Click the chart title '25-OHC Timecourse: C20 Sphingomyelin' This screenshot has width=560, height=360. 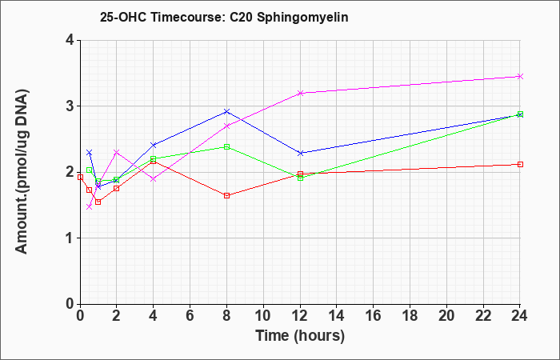(224, 18)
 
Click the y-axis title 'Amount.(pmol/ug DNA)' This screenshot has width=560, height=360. (22, 171)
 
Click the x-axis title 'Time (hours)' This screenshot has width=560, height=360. (300, 336)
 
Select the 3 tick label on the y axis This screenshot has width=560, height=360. (70, 106)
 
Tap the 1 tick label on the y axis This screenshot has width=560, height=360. (70, 238)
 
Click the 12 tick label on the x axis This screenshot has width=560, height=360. (300, 316)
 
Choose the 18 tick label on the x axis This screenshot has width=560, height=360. (410, 316)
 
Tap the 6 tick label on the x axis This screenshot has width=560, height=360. (190, 316)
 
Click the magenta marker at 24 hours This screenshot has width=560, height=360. (520, 77)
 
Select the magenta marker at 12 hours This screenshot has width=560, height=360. (300, 93)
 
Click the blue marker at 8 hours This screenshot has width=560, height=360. (226, 111)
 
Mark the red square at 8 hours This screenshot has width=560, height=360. (226, 196)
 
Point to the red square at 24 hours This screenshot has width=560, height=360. (520, 164)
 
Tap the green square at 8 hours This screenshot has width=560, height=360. (226, 146)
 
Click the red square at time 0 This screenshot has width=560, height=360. (80, 177)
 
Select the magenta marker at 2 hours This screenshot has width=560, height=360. (117, 152)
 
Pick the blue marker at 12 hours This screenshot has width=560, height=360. (300, 154)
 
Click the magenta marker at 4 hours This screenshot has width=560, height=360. (154, 179)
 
